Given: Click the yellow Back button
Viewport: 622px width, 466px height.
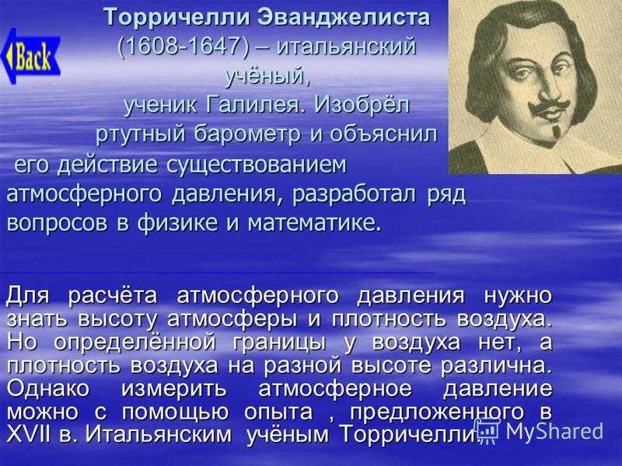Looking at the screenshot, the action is pyautogui.click(x=31, y=56).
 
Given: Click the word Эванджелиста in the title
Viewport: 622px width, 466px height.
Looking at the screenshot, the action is pyautogui.click(x=344, y=17).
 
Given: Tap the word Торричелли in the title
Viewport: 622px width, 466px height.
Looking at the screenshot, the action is pyautogui.click(x=177, y=18).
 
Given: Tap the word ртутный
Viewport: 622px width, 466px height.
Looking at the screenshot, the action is pyautogui.click(x=141, y=135).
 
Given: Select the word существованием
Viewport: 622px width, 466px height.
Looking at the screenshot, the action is pyautogui.click(x=257, y=165).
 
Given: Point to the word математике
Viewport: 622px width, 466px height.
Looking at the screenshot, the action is pyautogui.click(x=314, y=223).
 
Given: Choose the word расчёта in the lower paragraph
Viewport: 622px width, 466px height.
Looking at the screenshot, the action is pyautogui.click(x=113, y=296).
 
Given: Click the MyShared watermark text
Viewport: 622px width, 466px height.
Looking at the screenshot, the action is pyautogui.click(x=554, y=431).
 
